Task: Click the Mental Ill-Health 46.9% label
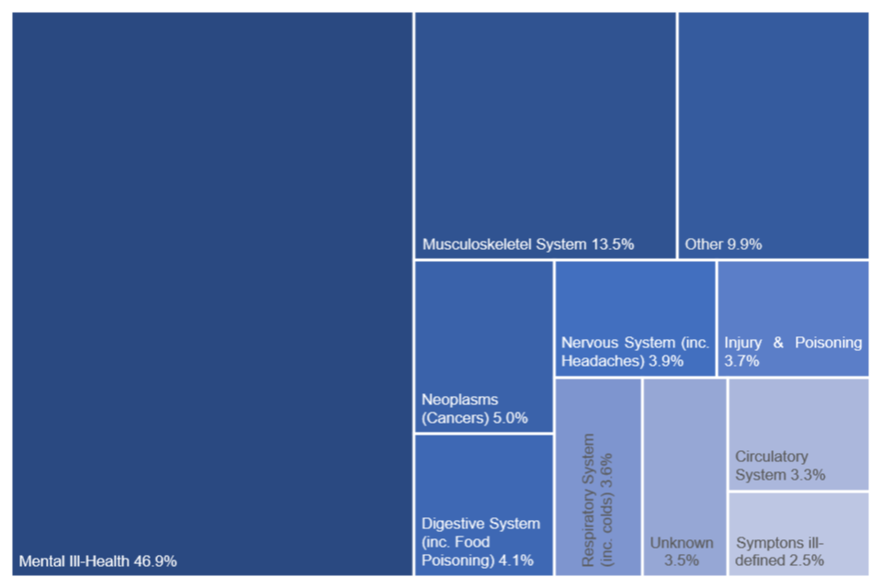point(97,560)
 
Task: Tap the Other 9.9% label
point(723,244)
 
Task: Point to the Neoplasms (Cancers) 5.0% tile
point(483,346)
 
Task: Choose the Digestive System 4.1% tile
point(483,504)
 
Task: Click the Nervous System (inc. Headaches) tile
point(635,318)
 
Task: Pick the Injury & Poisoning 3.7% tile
point(793,318)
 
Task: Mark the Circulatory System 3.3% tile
point(798,434)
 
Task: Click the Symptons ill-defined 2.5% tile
point(798,533)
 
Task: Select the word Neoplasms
point(459,400)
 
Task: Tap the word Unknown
point(681,543)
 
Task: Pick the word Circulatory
point(772,457)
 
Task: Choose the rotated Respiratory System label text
point(597,500)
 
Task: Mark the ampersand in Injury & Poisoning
point(778,343)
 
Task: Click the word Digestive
point(454,524)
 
